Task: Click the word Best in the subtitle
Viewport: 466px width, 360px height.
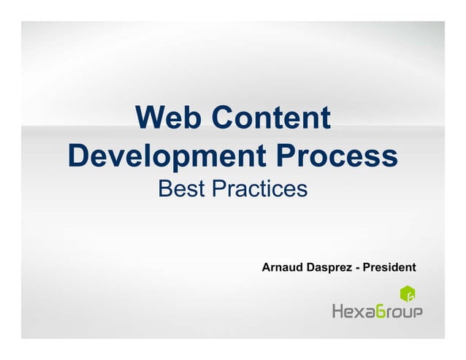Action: coord(181,190)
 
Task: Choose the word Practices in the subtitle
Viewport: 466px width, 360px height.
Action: coord(259,190)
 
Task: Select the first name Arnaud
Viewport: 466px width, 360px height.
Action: coord(282,267)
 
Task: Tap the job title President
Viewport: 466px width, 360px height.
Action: coord(389,267)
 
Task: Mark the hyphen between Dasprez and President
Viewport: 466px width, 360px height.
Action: coord(356,268)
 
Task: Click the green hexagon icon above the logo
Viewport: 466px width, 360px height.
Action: coord(408,295)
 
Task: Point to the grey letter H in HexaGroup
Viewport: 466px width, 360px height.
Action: coord(340,312)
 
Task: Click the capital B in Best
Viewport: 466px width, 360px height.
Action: coord(165,190)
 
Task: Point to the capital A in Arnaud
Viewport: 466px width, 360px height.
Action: coord(267,267)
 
